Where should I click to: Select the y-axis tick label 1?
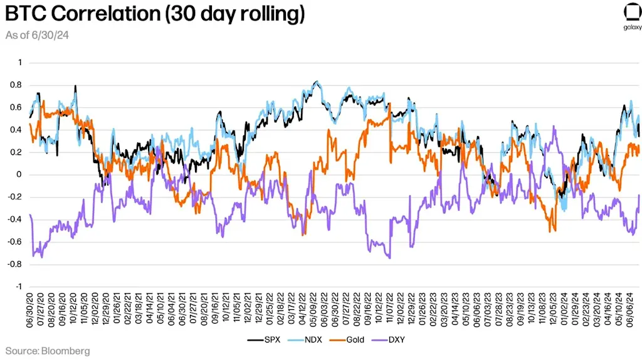[x=19, y=63]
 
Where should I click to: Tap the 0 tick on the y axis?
[x=19, y=175]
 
